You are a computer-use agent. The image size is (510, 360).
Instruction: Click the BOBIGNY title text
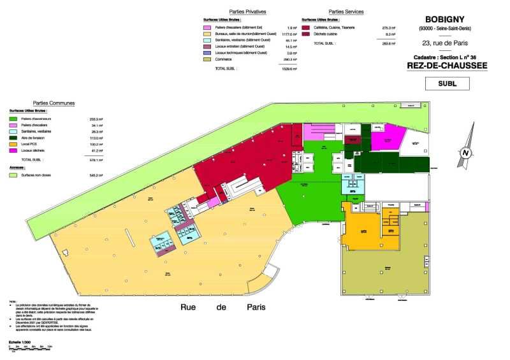[x=444, y=18]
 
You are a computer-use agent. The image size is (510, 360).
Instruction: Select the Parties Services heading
[x=346, y=12]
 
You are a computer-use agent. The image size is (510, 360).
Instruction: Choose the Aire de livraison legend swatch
[x=13, y=138]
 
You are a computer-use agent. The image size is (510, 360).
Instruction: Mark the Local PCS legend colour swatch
[x=13, y=144]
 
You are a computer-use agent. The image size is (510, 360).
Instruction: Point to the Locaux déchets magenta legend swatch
[x=13, y=150]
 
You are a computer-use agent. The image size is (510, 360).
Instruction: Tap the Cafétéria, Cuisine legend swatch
[x=306, y=28]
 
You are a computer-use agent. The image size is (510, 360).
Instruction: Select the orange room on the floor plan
[x=363, y=229]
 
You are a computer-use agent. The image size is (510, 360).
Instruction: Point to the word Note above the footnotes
[x=13, y=301]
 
